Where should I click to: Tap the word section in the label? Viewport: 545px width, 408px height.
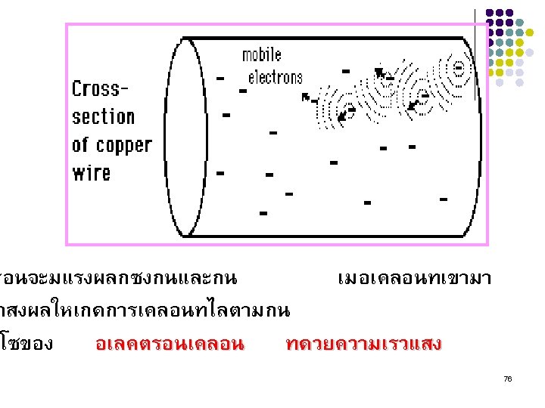click(x=103, y=117)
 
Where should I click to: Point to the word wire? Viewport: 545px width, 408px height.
click(x=92, y=173)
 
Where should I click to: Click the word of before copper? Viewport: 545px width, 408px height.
click(x=81, y=145)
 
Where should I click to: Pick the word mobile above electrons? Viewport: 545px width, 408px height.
click(x=261, y=55)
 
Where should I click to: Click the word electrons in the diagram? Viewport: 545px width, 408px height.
click(x=275, y=77)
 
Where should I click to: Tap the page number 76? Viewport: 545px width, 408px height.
click(x=507, y=378)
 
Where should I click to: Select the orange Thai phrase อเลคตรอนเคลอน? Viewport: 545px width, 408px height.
click(x=170, y=345)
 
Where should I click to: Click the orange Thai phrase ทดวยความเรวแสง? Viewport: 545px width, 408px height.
click(x=363, y=345)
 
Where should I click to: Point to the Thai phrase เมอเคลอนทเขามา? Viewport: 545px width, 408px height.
click(x=414, y=279)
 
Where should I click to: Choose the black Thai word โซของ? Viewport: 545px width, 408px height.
click(x=27, y=345)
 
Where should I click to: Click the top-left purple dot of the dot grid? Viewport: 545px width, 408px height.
click(x=490, y=13)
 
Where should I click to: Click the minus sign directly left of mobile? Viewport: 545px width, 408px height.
click(x=220, y=78)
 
